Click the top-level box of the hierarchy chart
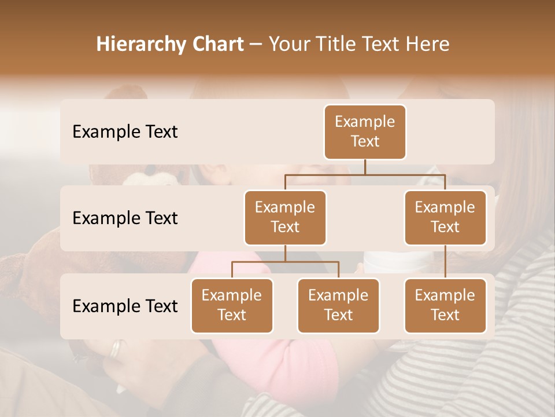click(365, 131)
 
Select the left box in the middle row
click(285, 217)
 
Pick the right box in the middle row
click(445, 217)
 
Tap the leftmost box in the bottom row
click(232, 305)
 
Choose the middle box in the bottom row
click(338, 305)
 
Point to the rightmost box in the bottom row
click(445, 305)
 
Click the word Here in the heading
click(427, 44)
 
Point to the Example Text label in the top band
click(125, 131)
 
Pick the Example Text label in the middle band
click(125, 218)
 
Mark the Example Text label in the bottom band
click(125, 306)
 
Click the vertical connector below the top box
click(365, 167)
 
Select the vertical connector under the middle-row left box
click(285, 253)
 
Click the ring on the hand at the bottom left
click(117, 348)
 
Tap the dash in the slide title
click(256, 45)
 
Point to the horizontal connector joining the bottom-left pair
click(285, 262)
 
